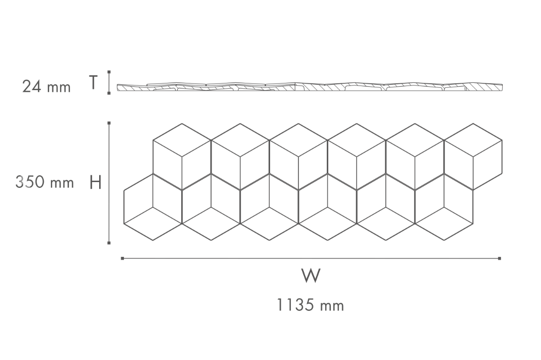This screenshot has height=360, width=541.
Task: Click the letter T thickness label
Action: click(93, 82)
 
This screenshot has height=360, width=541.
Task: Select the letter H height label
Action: click(96, 182)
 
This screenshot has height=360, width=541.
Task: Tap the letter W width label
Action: click(311, 275)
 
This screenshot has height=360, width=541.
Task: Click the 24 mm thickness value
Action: click(46, 87)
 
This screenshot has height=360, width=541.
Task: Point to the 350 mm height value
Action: click(45, 182)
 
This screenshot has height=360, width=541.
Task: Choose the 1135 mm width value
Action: click(310, 305)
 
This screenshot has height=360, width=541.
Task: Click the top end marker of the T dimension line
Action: click(109, 72)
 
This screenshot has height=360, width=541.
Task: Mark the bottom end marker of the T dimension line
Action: click(109, 93)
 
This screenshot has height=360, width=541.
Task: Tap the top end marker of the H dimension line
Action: click(109, 123)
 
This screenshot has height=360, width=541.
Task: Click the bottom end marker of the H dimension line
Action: click(109, 243)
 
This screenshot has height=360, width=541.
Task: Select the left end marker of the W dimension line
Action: click(123, 258)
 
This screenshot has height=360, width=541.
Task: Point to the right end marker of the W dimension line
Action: click(500, 258)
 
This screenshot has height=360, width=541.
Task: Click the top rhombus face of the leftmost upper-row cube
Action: click(182, 140)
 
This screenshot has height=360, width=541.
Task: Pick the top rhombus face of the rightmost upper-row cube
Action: click(473, 140)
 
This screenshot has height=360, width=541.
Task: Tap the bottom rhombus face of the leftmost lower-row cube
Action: click(153, 223)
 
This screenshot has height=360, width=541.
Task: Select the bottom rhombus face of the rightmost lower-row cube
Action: click(444, 223)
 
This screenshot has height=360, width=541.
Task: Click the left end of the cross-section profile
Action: click(117, 88)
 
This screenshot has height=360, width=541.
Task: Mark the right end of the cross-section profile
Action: click(502, 87)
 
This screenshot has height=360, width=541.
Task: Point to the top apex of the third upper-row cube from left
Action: click(298, 123)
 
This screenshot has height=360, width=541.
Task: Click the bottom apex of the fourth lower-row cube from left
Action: click(327, 240)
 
